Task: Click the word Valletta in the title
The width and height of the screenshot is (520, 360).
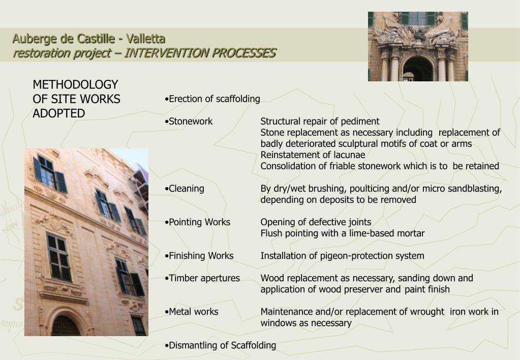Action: tap(146, 39)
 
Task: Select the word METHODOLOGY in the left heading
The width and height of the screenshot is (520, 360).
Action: tap(75, 84)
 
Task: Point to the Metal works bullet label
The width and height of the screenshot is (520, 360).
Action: tap(193, 312)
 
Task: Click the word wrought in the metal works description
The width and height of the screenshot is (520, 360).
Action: tap(426, 312)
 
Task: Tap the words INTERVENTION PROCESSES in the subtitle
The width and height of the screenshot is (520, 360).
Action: tap(200, 53)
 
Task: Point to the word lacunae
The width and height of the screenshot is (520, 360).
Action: tap(349, 155)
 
